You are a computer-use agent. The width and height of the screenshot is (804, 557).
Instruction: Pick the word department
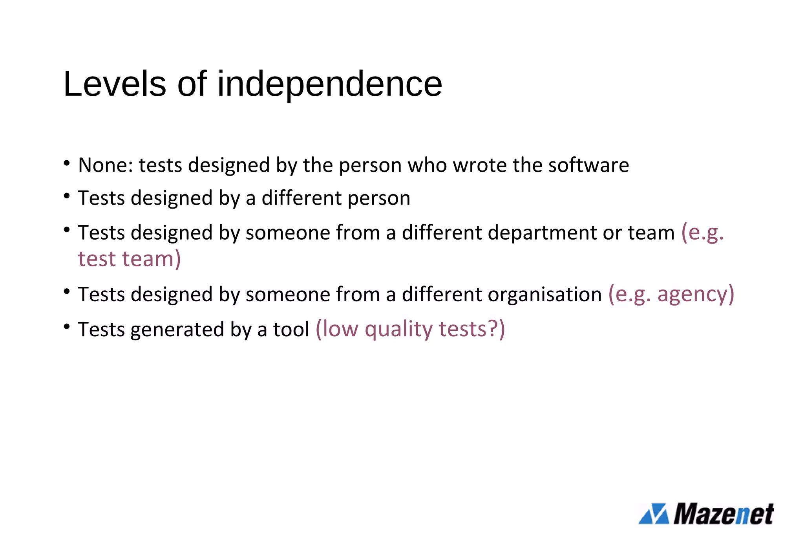[542, 233]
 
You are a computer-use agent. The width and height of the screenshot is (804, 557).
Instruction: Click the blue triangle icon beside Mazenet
[654, 514]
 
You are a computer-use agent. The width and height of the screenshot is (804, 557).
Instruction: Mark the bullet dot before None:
[67, 162]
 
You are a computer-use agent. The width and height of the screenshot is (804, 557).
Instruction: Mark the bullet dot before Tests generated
[67, 326]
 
